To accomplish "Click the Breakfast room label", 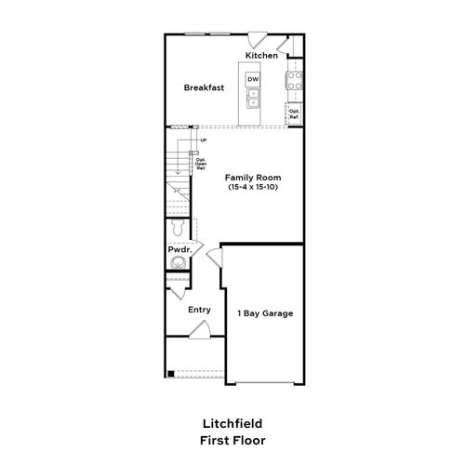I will (204, 86).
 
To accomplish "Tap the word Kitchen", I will (261, 56).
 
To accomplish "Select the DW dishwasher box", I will (253, 81).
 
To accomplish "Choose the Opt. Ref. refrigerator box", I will (294, 114).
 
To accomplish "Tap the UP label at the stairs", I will (203, 140).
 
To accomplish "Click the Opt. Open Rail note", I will (200, 165).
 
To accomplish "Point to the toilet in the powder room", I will (178, 229).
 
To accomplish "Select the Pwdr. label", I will (179, 250).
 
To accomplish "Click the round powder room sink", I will (179, 264).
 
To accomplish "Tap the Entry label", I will (199, 310).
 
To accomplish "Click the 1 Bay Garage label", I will (265, 313).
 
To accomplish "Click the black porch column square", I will (170, 374).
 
